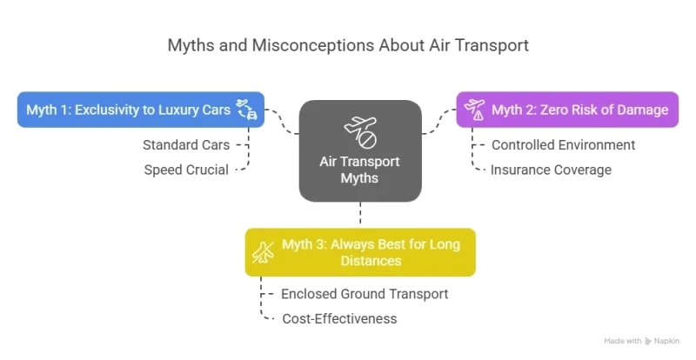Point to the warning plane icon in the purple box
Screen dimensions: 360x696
point(475,110)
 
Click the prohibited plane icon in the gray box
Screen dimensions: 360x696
point(359,132)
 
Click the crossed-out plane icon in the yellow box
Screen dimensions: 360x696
point(262,251)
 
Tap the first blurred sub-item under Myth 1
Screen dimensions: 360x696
point(188,145)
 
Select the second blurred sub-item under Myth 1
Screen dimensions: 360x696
point(184,170)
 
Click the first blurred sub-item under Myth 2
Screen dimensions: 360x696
point(562,145)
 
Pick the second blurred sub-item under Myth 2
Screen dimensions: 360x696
point(549,171)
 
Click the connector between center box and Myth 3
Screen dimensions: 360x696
point(359,216)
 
